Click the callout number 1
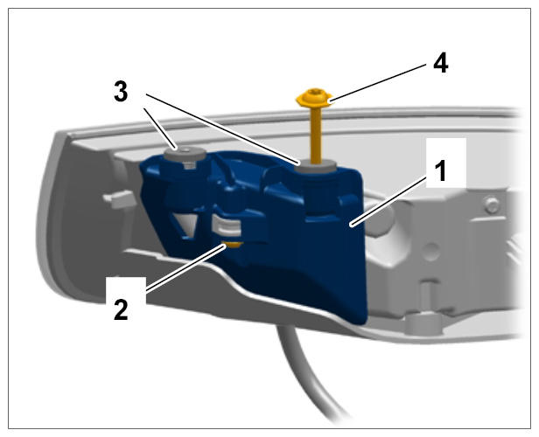[440, 171]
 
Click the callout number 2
[121, 309]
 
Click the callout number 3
[121, 92]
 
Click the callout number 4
[441, 64]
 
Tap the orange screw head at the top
[314, 98]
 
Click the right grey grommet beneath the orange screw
[316, 166]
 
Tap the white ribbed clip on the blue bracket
[226, 225]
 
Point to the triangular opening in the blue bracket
[185, 223]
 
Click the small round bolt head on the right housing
[492, 205]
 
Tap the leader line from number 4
[377, 83]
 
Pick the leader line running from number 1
[389, 200]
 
